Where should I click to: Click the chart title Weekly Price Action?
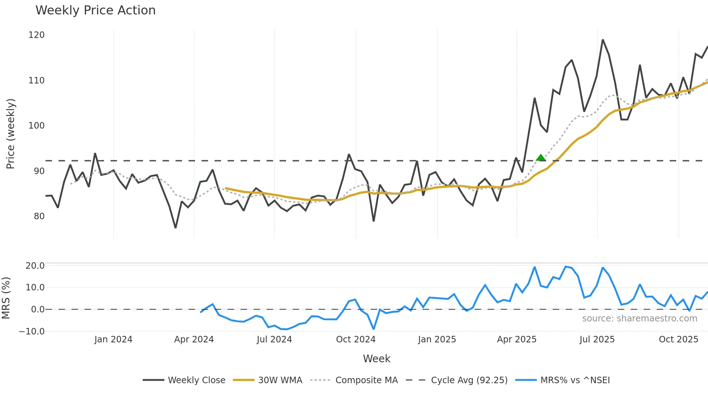(x=95, y=10)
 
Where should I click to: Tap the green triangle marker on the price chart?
(x=540, y=157)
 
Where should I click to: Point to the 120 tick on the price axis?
(x=36, y=35)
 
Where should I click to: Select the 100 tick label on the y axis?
(x=36, y=126)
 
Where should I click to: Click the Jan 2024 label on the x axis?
(x=113, y=339)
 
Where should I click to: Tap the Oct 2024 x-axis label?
(x=355, y=339)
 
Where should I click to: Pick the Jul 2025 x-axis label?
(x=597, y=339)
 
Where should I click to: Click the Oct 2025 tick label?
(x=678, y=339)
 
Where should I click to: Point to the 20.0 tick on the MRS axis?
(x=35, y=266)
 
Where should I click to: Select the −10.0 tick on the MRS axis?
(x=32, y=332)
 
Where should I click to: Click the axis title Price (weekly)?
(x=10, y=134)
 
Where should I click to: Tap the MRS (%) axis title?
(x=6, y=298)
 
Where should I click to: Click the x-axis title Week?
(x=376, y=359)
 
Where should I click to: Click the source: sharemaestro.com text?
(x=639, y=319)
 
